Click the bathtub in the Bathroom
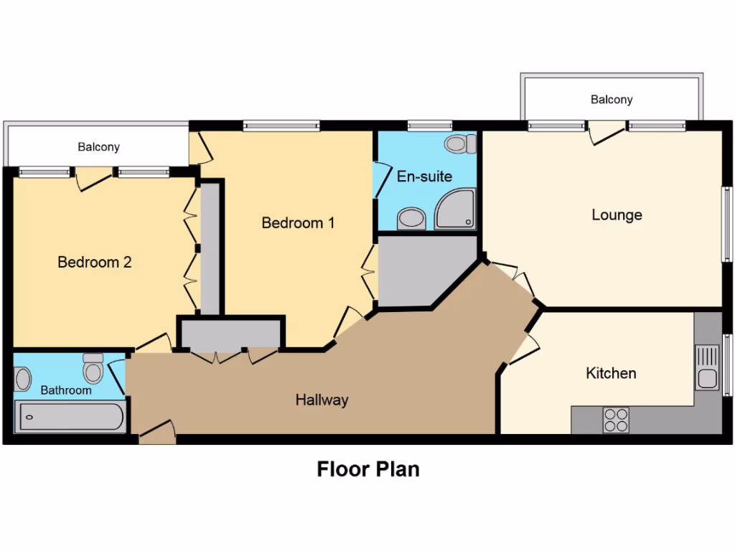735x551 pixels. [x=70, y=417]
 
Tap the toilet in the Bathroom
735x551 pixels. [x=93, y=369]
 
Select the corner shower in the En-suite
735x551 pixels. [x=455, y=209]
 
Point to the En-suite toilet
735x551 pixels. [x=460, y=144]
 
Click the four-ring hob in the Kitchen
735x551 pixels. [x=616, y=420]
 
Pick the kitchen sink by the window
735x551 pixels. [x=707, y=367]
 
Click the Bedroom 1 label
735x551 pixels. [x=298, y=223]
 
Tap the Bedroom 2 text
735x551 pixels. [x=95, y=263]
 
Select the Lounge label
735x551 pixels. [x=617, y=215]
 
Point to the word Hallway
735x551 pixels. [x=322, y=400]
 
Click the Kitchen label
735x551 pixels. [x=611, y=373]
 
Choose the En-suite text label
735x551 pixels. [x=424, y=176]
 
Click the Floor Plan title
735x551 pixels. [x=368, y=469]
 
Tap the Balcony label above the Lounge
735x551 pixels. [x=612, y=100]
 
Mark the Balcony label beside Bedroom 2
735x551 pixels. [x=98, y=147]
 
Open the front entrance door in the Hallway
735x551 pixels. [x=157, y=433]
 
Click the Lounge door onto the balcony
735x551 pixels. [x=607, y=132]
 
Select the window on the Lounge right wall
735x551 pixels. [x=726, y=225]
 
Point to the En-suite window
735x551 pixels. [x=425, y=126]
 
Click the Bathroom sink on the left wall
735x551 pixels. [x=23, y=379]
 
